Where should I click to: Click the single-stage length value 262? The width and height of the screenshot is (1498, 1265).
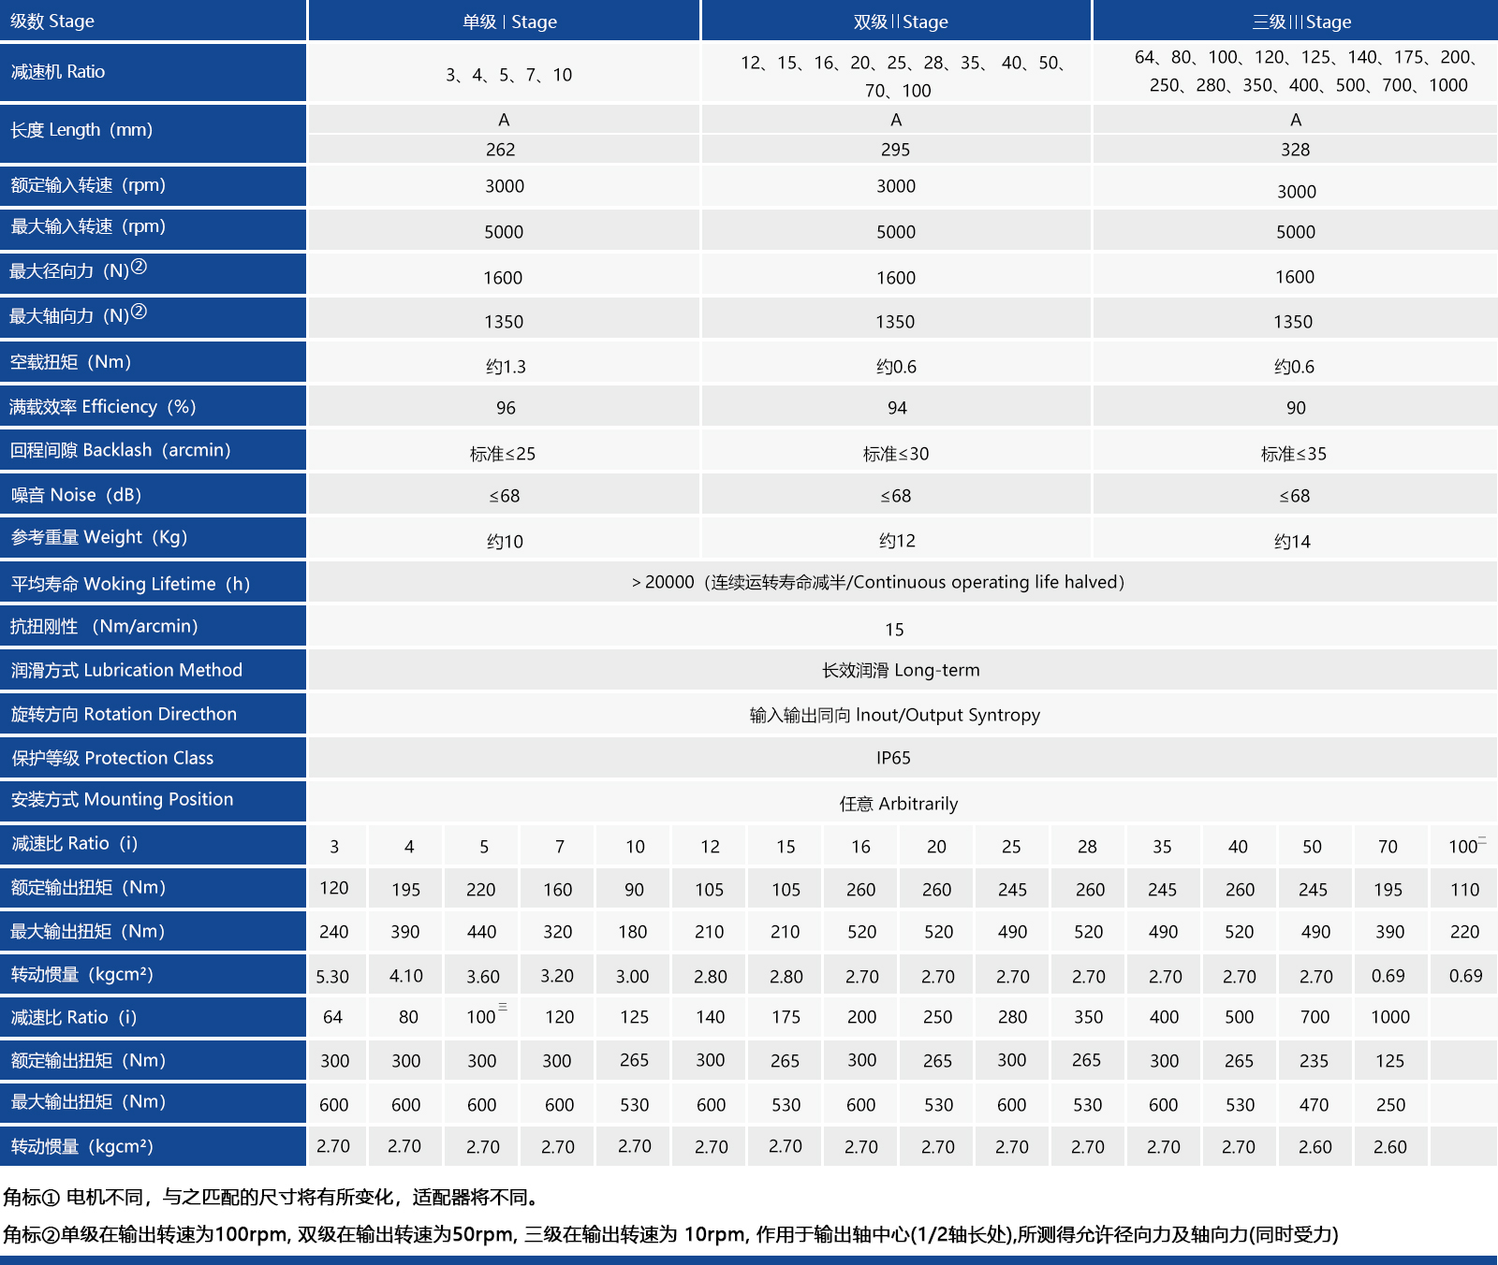tap(501, 150)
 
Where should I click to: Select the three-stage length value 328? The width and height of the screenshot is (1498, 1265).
tap(1295, 150)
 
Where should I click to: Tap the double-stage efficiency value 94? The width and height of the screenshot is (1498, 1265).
tap(897, 408)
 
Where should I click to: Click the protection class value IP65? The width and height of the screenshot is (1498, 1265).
tap(893, 758)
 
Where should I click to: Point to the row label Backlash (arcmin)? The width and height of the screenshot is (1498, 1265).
tap(120, 450)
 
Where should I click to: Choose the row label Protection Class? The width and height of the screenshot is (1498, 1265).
tap(112, 758)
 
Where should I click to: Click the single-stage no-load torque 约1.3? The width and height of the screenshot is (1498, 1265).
tap(506, 367)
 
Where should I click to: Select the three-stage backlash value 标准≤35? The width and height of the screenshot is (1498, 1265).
tap(1293, 454)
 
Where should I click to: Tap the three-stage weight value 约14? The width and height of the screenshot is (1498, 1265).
tap(1292, 542)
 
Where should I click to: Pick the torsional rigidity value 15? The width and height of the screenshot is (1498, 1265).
tap(894, 630)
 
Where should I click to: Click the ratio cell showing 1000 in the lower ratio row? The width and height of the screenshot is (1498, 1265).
tap(1390, 1017)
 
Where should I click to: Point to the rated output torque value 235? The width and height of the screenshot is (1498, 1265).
tap(1314, 1061)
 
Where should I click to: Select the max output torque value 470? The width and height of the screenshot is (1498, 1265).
tap(1314, 1105)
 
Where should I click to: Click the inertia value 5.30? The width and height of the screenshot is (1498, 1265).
tap(332, 977)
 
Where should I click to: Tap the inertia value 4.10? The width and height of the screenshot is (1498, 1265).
tap(406, 976)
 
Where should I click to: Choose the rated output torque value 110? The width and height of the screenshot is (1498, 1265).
tap(1464, 890)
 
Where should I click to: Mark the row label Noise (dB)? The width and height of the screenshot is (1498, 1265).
tap(76, 495)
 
